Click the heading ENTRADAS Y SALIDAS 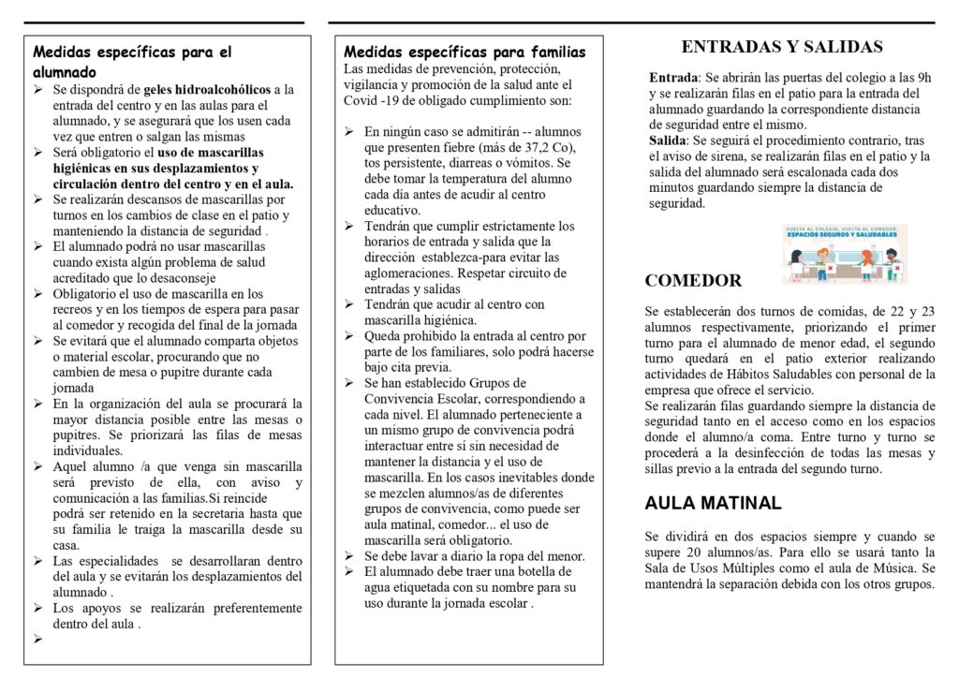click(x=782, y=47)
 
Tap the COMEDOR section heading click(x=693, y=280)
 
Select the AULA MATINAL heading click(x=713, y=503)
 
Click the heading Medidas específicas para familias click(x=465, y=52)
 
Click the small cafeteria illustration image click(x=845, y=254)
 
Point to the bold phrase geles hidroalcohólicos click(x=208, y=90)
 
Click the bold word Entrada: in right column click(x=674, y=78)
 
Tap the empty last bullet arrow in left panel click(x=39, y=640)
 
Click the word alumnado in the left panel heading click(x=64, y=71)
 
